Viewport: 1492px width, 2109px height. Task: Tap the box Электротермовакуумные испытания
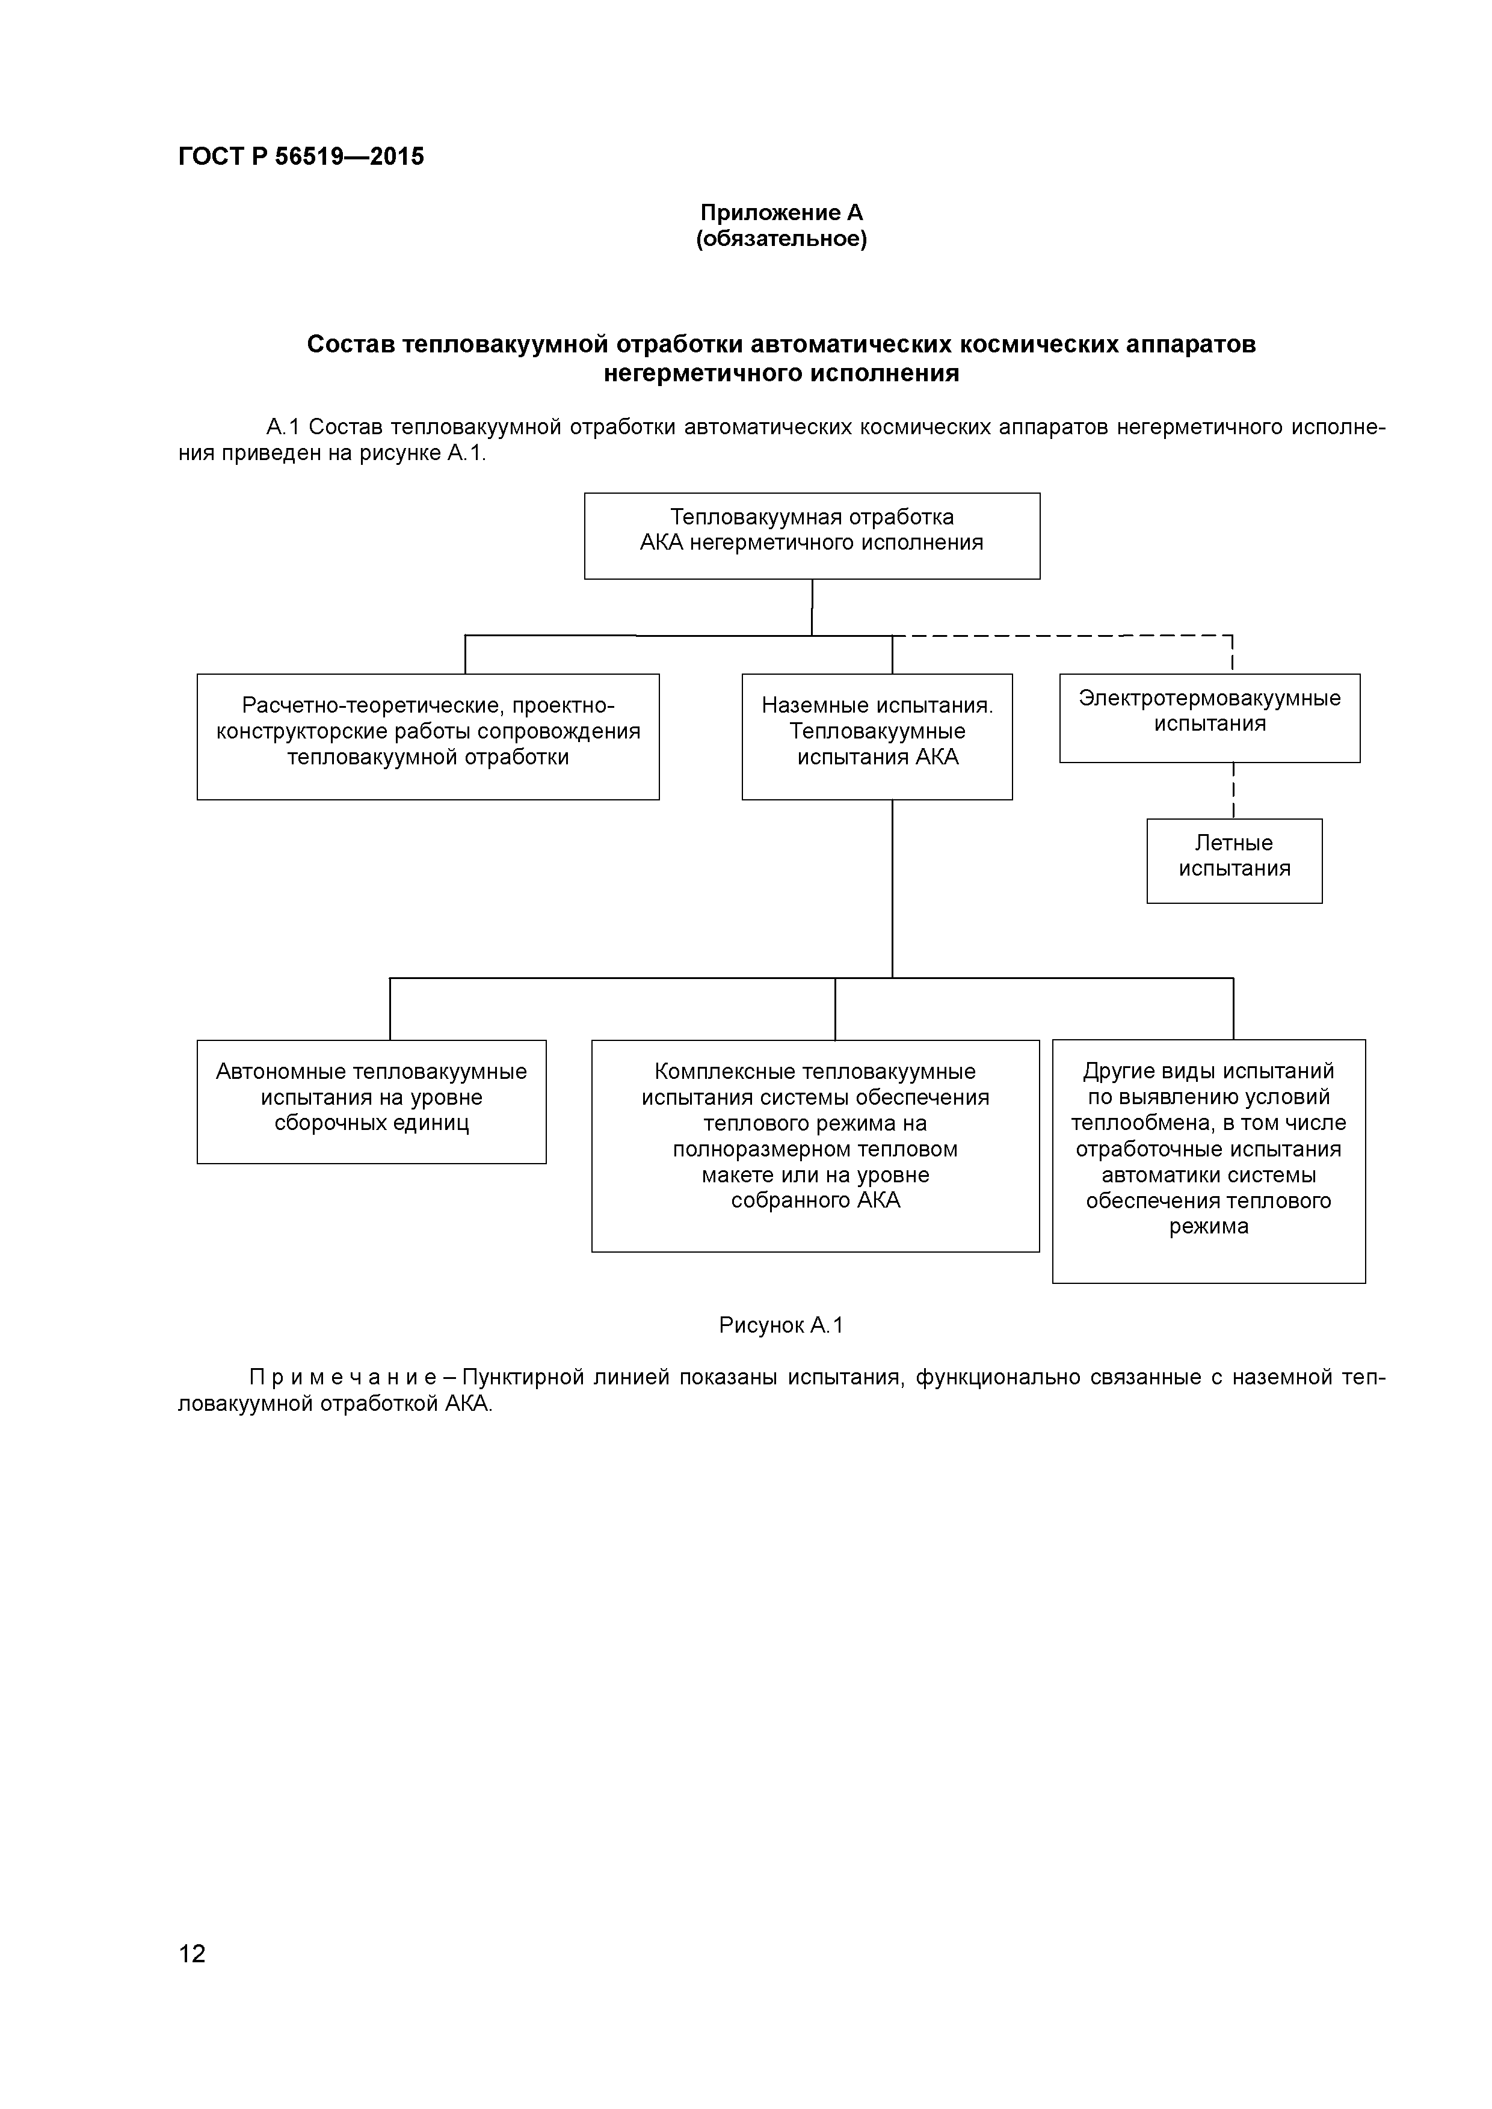pos(1209,717)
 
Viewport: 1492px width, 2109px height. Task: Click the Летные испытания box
pos(1234,861)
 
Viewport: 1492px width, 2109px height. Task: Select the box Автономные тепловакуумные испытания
pos(371,1101)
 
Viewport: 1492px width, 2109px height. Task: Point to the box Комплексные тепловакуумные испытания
pos(815,1146)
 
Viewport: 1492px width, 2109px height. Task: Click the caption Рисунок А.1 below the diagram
pos(781,1325)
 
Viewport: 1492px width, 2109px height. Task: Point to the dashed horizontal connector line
pos(1056,636)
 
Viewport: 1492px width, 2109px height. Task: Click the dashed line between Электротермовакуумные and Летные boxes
pos(1233,791)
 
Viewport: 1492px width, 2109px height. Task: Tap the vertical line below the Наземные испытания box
pos(892,886)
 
